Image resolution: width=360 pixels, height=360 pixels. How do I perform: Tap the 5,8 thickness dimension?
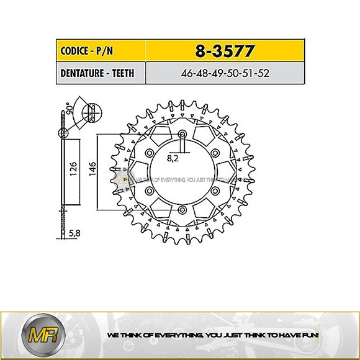coord(74,234)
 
